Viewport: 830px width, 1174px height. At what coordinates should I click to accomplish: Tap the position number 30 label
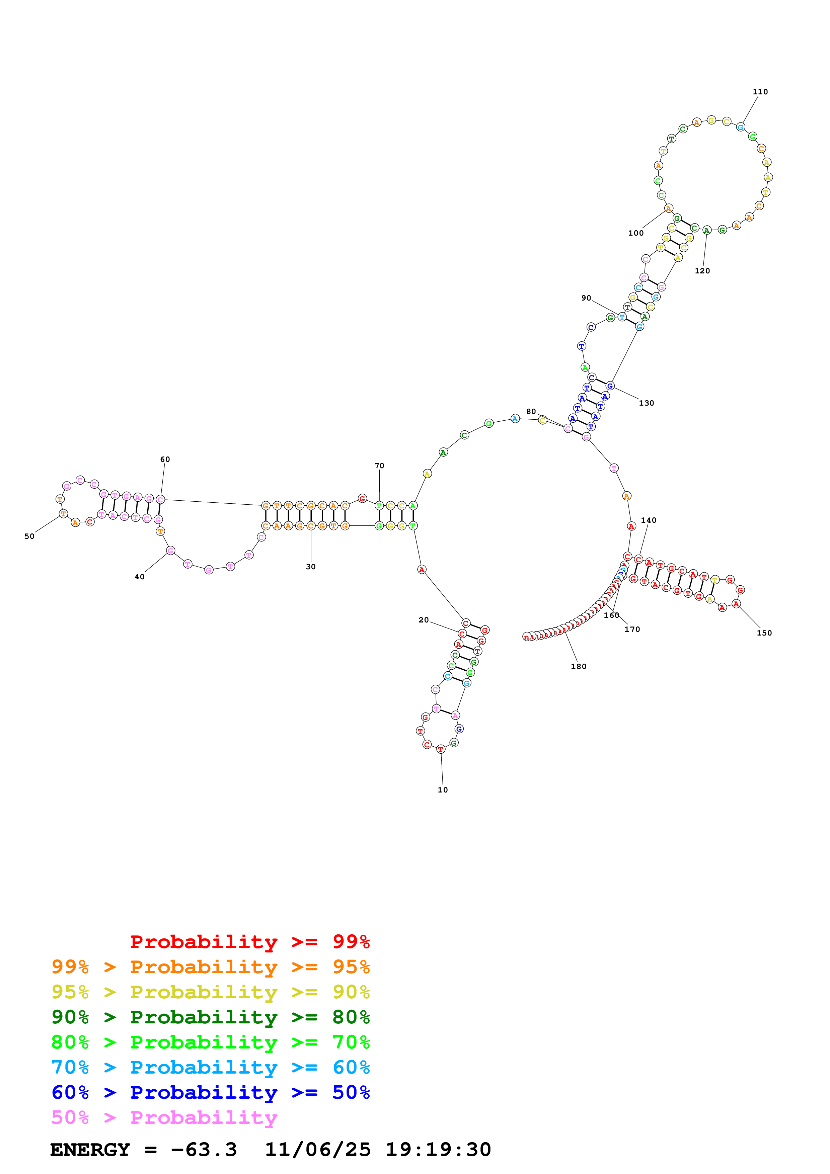click(310, 567)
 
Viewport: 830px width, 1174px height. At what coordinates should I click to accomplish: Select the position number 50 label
click(29, 536)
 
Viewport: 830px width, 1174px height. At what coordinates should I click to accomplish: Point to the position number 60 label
click(165, 459)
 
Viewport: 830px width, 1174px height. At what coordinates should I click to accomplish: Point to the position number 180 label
click(579, 666)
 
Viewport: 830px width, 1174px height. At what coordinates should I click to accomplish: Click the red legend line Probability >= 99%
click(249, 941)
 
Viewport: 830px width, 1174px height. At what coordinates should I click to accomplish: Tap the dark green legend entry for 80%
click(210, 1017)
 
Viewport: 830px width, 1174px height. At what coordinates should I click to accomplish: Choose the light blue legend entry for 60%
click(210, 1067)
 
